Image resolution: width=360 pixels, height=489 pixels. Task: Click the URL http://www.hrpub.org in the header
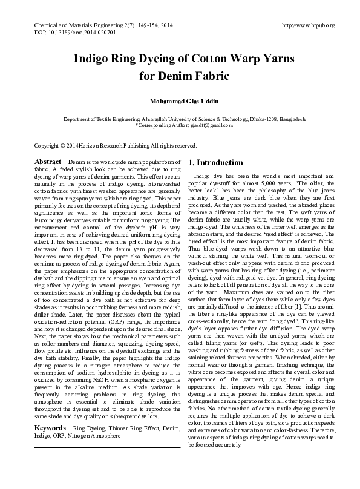pos(308,26)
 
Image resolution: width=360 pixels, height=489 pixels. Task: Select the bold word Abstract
pos(48,162)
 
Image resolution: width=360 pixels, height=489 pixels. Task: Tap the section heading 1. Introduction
pos(216,163)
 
